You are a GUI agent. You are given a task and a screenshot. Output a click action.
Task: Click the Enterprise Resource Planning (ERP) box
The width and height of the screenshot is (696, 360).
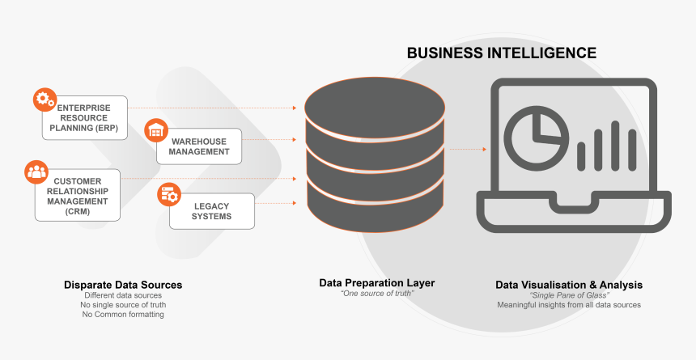pos(84,118)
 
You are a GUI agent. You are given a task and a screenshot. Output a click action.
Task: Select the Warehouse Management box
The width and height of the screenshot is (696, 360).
pos(199,146)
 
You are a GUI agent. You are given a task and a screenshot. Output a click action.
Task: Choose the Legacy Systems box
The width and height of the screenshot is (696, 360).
pos(211,211)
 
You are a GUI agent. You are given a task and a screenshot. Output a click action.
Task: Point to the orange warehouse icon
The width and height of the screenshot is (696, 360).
pos(156,129)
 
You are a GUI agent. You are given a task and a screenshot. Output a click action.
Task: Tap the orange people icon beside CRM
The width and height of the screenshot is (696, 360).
pos(37,171)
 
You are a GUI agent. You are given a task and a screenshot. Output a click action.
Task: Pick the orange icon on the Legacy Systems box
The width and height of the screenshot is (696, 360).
pos(169,194)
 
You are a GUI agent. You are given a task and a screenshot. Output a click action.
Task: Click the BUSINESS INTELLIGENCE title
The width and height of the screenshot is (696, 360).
pos(501,53)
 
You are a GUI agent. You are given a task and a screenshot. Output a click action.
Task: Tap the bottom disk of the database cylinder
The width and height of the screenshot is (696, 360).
pos(375,210)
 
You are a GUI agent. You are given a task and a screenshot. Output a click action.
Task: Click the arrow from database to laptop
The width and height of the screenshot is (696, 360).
pos(469,149)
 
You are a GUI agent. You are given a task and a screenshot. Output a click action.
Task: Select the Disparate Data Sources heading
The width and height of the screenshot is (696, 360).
pos(123,285)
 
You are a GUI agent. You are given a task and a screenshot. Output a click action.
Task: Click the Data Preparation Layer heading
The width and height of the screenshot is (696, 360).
pos(377,283)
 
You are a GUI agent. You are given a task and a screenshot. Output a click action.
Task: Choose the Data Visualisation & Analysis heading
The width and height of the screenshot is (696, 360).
pos(569,285)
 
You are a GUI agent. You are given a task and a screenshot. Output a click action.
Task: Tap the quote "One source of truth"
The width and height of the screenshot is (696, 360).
pos(377,294)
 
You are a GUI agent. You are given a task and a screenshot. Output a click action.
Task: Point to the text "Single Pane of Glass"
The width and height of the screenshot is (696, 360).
pos(569,295)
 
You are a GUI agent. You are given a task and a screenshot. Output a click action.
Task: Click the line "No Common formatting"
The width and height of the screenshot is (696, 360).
pos(123,314)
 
